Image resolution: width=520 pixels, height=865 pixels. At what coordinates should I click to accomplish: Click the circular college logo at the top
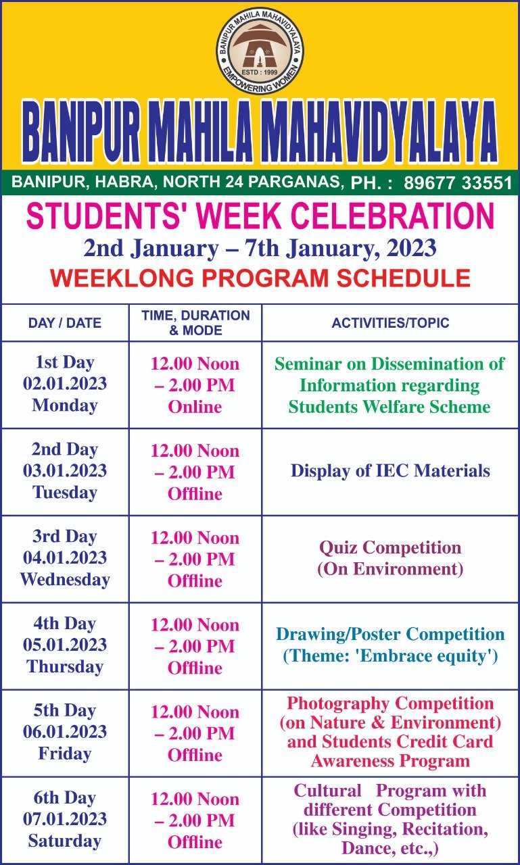[x=260, y=51]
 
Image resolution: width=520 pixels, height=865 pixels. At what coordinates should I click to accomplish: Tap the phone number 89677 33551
[x=458, y=182]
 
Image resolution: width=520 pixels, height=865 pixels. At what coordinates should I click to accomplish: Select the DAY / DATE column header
[x=64, y=323]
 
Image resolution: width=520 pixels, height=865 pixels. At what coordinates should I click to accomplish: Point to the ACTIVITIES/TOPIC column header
[x=390, y=323]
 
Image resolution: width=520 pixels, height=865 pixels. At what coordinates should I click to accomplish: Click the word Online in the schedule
[x=195, y=407]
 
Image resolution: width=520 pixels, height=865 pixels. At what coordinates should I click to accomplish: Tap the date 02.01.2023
[x=64, y=383]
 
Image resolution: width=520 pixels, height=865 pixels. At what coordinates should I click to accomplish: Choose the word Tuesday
[x=64, y=493]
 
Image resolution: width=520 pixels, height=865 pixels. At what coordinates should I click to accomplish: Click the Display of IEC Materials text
[x=390, y=471]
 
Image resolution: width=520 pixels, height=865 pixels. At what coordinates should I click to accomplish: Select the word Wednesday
[x=64, y=579]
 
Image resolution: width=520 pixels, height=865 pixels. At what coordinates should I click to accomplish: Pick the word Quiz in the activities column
[x=337, y=548]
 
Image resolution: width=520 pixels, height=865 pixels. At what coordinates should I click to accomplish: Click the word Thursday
[x=64, y=666]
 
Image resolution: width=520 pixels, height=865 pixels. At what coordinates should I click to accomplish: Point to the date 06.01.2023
[x=64, y=731]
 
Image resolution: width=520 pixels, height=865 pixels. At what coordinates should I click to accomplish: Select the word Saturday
[x=64, y=841]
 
